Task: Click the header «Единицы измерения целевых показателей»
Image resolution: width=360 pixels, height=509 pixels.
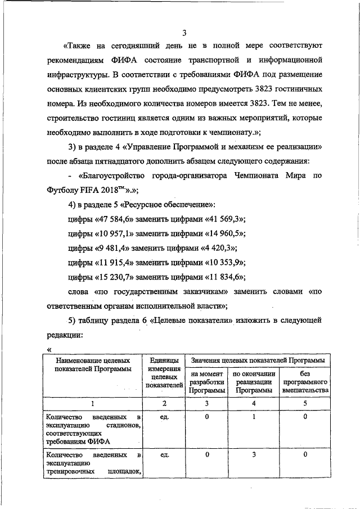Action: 165,372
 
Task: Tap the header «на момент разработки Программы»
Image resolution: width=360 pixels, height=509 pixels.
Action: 206,382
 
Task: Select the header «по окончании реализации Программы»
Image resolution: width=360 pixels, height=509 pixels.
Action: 254,382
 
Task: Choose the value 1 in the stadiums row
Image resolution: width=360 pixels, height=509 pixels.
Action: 254,417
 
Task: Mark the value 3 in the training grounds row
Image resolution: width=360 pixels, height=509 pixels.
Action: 254,454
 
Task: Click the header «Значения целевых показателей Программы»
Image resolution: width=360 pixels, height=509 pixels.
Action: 258,359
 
